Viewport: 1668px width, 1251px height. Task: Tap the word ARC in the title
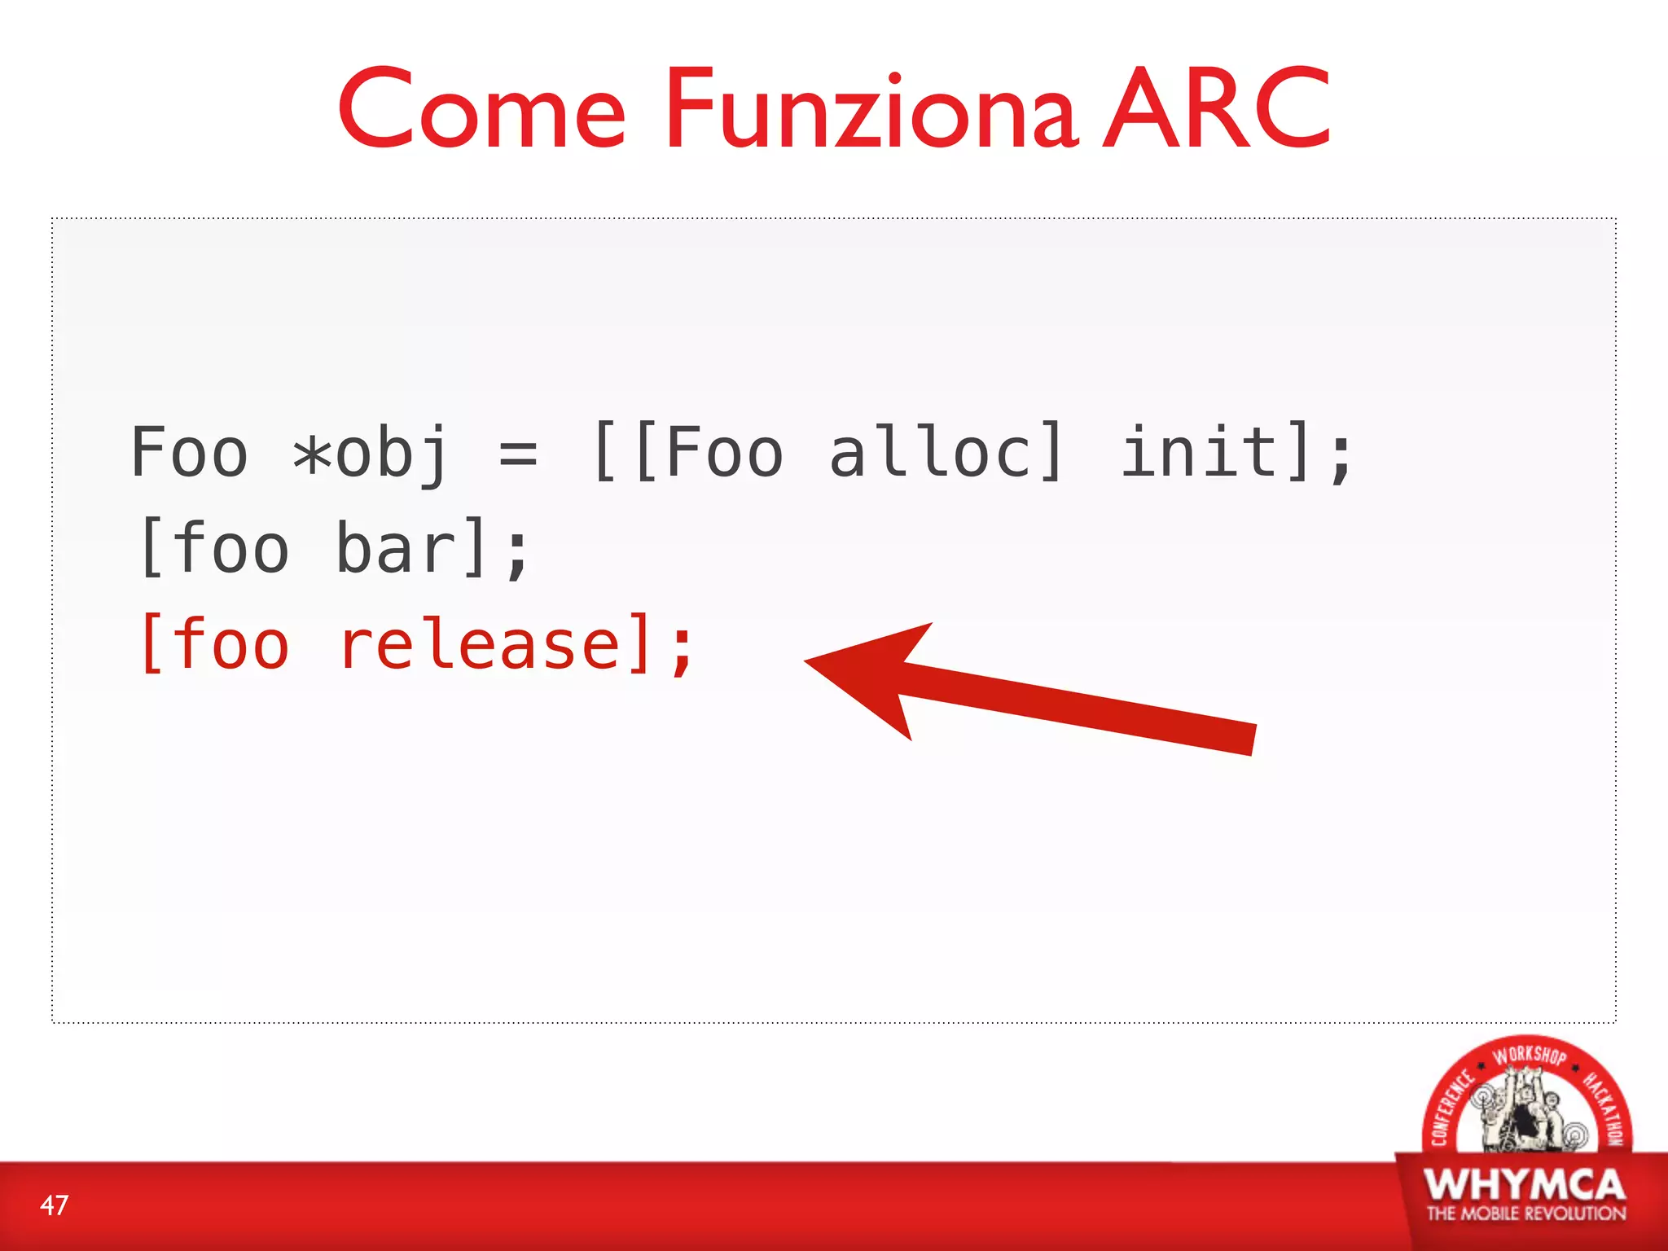pos(1217,109)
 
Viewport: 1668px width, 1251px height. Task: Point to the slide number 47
pos(55,1205)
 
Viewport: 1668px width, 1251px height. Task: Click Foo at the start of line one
pos(189,452)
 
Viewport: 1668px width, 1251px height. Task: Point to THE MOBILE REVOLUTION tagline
pos(1525,1214)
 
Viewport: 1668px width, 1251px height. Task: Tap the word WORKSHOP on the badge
pos(1529,1056)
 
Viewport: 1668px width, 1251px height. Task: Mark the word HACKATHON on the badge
pos(1604,1108)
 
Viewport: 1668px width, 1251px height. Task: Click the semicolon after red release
pos(683,649)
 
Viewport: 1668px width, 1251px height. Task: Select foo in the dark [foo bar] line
pos(231,548)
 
